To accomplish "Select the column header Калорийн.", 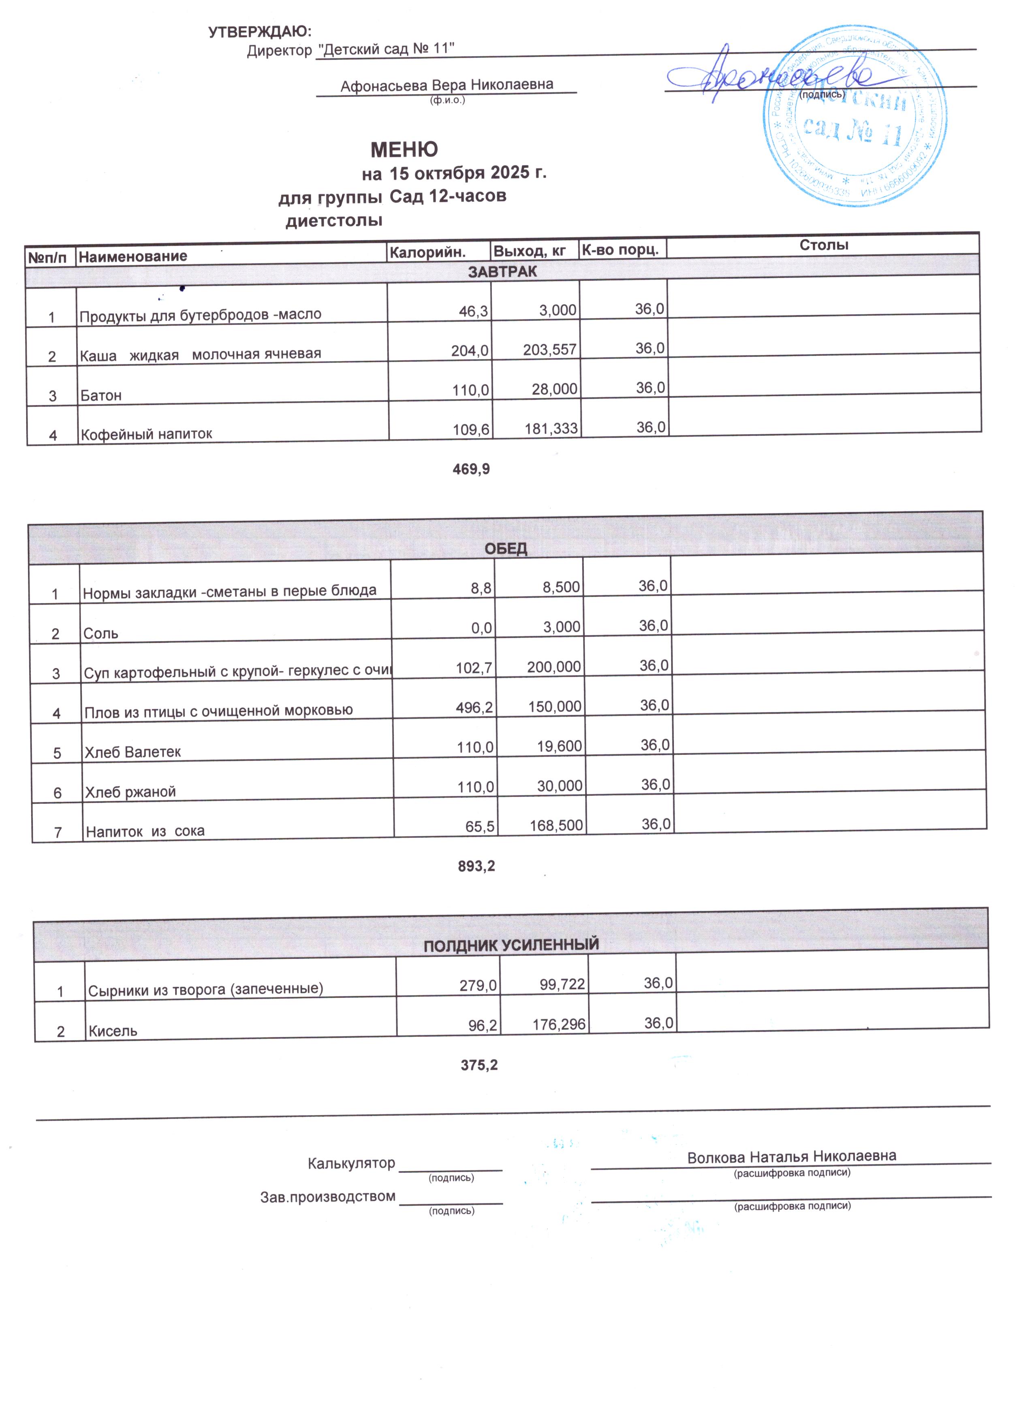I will click(427, 252).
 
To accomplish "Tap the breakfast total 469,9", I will click(471, 469).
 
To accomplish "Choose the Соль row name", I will click(101, 633).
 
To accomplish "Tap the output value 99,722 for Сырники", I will click(562, 985).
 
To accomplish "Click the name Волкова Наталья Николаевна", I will click(791, 1157).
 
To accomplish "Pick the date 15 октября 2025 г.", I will click(468, 173).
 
